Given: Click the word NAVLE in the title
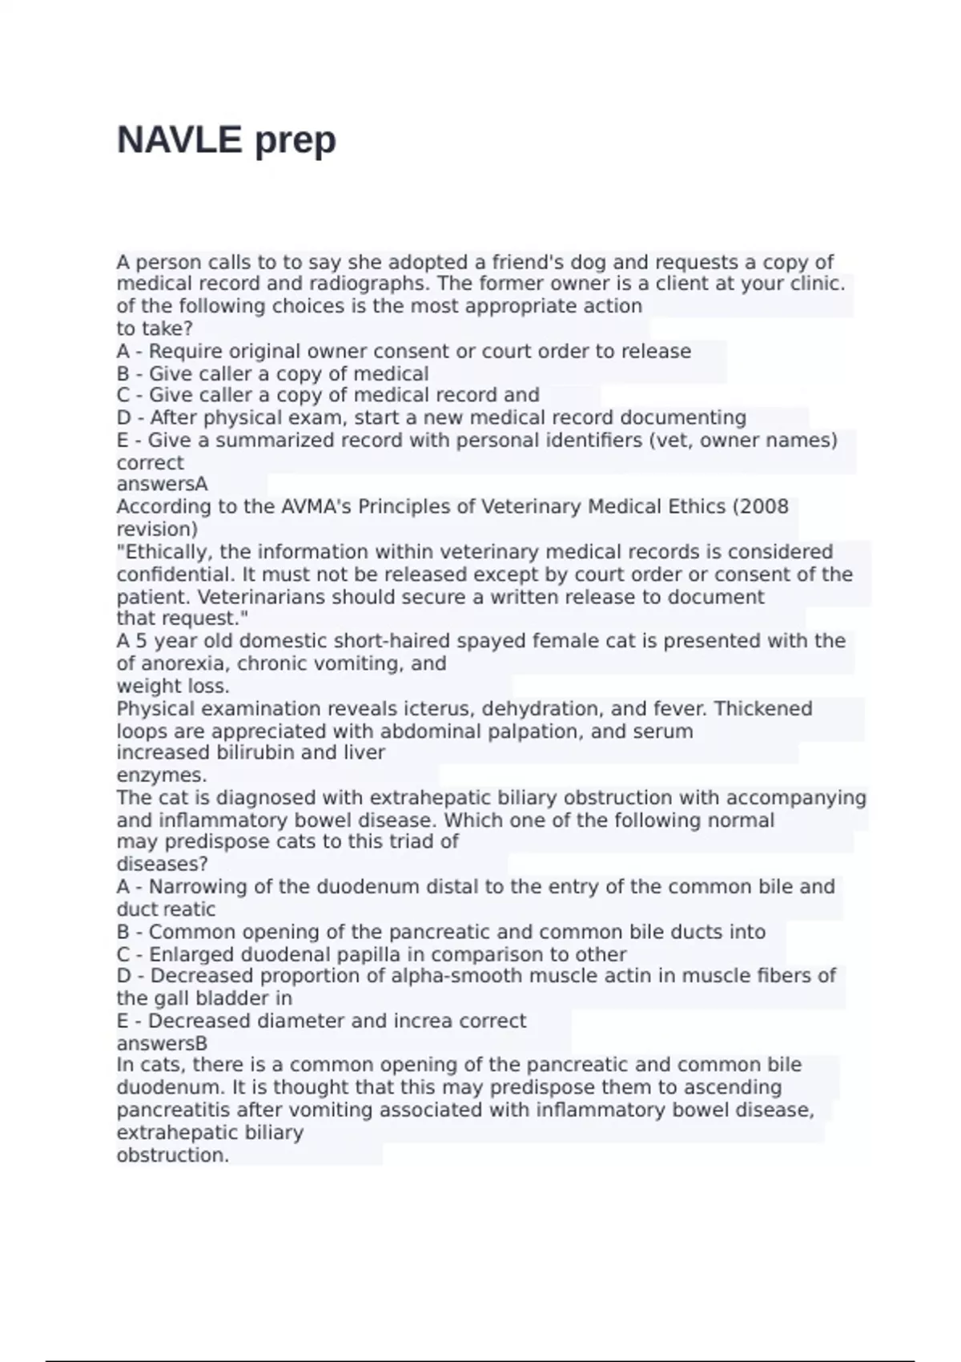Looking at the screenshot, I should point(179,140).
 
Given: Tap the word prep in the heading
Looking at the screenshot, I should point(295,142).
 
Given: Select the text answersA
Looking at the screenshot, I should point(162,484).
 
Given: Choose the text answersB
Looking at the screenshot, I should point(162,1043).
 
